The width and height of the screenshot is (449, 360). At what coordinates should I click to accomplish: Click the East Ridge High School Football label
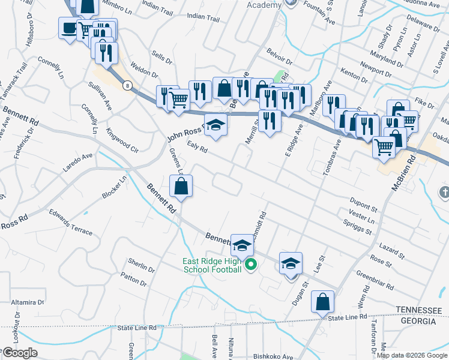click(x=212, y=265)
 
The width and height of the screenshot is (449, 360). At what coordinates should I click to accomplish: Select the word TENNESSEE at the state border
click(x=419, y=309)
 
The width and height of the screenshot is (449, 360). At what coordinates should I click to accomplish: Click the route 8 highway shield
click(x=127, y=86)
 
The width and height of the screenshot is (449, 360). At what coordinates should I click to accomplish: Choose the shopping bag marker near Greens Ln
click(x=181, y=187)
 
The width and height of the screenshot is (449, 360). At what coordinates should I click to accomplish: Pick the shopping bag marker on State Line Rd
click(x=322, y=302)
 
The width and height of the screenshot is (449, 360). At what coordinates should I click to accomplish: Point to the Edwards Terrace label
click(x=71, y=223)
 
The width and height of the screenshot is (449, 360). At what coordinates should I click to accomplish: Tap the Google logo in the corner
click(x=20, y=353)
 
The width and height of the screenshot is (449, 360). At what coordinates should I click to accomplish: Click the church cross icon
click(x=444, y=192)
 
